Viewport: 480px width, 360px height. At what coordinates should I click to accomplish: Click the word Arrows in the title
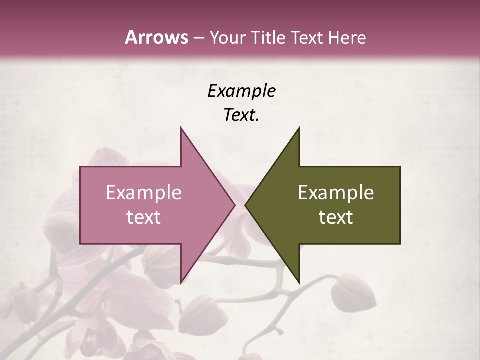156,37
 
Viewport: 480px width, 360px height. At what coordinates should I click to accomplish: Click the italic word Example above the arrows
241,91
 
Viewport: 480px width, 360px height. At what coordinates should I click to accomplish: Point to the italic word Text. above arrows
241,115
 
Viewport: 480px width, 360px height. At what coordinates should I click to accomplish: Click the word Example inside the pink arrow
144,192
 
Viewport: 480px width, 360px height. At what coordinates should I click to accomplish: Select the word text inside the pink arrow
144,217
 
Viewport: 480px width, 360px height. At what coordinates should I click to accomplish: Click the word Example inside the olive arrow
336,192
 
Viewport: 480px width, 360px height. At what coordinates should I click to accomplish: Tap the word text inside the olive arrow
336,217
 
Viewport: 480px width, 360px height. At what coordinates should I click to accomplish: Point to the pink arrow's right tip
235,205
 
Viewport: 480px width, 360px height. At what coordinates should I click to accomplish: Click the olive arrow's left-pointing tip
245,205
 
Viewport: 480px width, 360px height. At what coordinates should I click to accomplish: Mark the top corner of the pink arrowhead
181,128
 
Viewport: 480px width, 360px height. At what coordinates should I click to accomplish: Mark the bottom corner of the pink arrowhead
181,282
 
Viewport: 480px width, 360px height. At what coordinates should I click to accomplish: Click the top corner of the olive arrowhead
299,128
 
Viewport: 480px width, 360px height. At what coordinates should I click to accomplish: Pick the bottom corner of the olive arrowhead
299,282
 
